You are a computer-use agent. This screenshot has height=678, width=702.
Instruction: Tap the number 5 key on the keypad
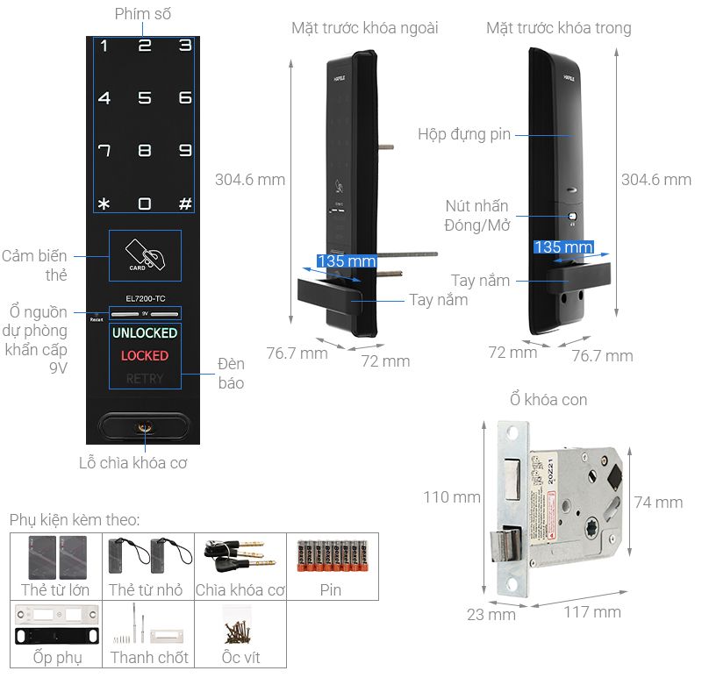pyautogui.click(x=145, y=98)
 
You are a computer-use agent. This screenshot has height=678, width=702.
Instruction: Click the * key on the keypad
pyautogui.click(x=104, y=204)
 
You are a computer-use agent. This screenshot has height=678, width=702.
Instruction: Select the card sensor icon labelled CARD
pyautogui.click(x=145, y=254)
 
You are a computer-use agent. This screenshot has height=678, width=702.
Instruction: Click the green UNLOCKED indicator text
pyautogui.click(x=145, y=333)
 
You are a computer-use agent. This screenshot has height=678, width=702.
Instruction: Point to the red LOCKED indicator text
pyautogui.click(x=145, y=356)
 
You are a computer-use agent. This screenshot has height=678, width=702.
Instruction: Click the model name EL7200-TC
pyautogui.click(x=145, y=298)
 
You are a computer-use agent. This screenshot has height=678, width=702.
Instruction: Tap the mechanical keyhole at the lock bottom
pyautogui.click(x=144, y=428)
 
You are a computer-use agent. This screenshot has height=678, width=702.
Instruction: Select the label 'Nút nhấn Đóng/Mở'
pyautogui.click(x=476, y=215)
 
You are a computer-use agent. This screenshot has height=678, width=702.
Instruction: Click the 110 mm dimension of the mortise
pyautogui.click(x=451, y=497)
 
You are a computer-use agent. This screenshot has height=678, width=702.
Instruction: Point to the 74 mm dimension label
pyautogui.click(x=657, y=503)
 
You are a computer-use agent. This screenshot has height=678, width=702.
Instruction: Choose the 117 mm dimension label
pyautogui.click(x=593, y=611)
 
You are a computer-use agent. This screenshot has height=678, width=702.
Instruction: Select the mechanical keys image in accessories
pyautogui.click(x=240, y=556)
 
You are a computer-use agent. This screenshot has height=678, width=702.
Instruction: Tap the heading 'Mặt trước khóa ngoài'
pyautogui.click(x=364, y=29)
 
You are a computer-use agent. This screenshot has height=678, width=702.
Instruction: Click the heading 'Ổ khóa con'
pyautogui.click(x=548, y=400)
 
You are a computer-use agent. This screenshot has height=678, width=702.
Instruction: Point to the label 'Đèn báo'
pyautogui.click(x=231, y=374)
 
